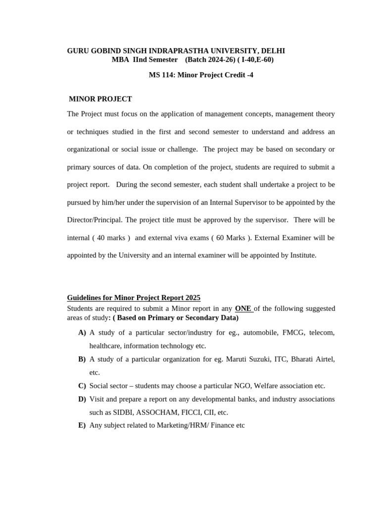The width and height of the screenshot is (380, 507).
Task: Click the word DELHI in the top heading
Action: tap(272, 51)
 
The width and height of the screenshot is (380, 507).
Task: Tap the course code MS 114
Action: tap(161, 75)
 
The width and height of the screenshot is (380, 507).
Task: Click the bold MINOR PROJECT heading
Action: tap(100, 99)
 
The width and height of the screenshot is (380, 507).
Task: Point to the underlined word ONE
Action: tap(243, 308)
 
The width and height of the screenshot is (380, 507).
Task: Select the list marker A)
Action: tap(82, 333)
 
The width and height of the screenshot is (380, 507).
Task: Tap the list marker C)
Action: tap(82, 386)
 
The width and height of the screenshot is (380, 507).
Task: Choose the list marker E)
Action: tap(82, 425)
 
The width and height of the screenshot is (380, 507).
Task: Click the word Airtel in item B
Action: tap(324, 359)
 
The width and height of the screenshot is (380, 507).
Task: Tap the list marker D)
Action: tap(82, 399)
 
